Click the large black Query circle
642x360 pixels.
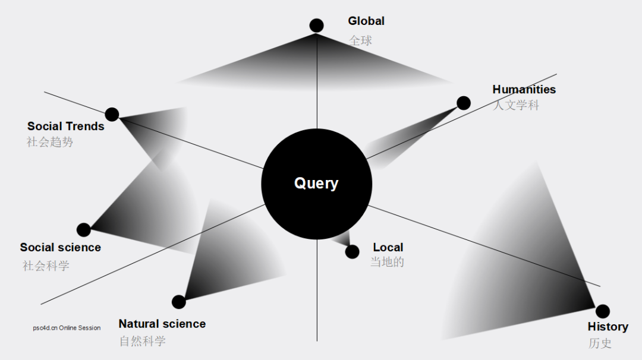316,184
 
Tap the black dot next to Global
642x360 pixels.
317,26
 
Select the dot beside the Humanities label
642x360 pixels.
464,103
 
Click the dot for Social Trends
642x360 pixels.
112,114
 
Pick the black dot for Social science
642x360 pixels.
84,230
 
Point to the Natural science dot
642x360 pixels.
179,302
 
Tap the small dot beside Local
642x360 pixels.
353,252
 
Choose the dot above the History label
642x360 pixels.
603,311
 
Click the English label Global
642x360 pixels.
366,21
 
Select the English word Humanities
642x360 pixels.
524,90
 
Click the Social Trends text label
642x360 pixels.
66,127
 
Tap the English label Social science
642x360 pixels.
61,247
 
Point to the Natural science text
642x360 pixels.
162,324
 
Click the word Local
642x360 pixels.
388,247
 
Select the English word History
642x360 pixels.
608,327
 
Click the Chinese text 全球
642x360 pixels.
361,40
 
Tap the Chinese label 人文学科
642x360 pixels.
515,106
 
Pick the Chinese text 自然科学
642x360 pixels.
143,341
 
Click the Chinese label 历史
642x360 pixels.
600,343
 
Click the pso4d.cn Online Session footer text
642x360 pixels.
67,328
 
